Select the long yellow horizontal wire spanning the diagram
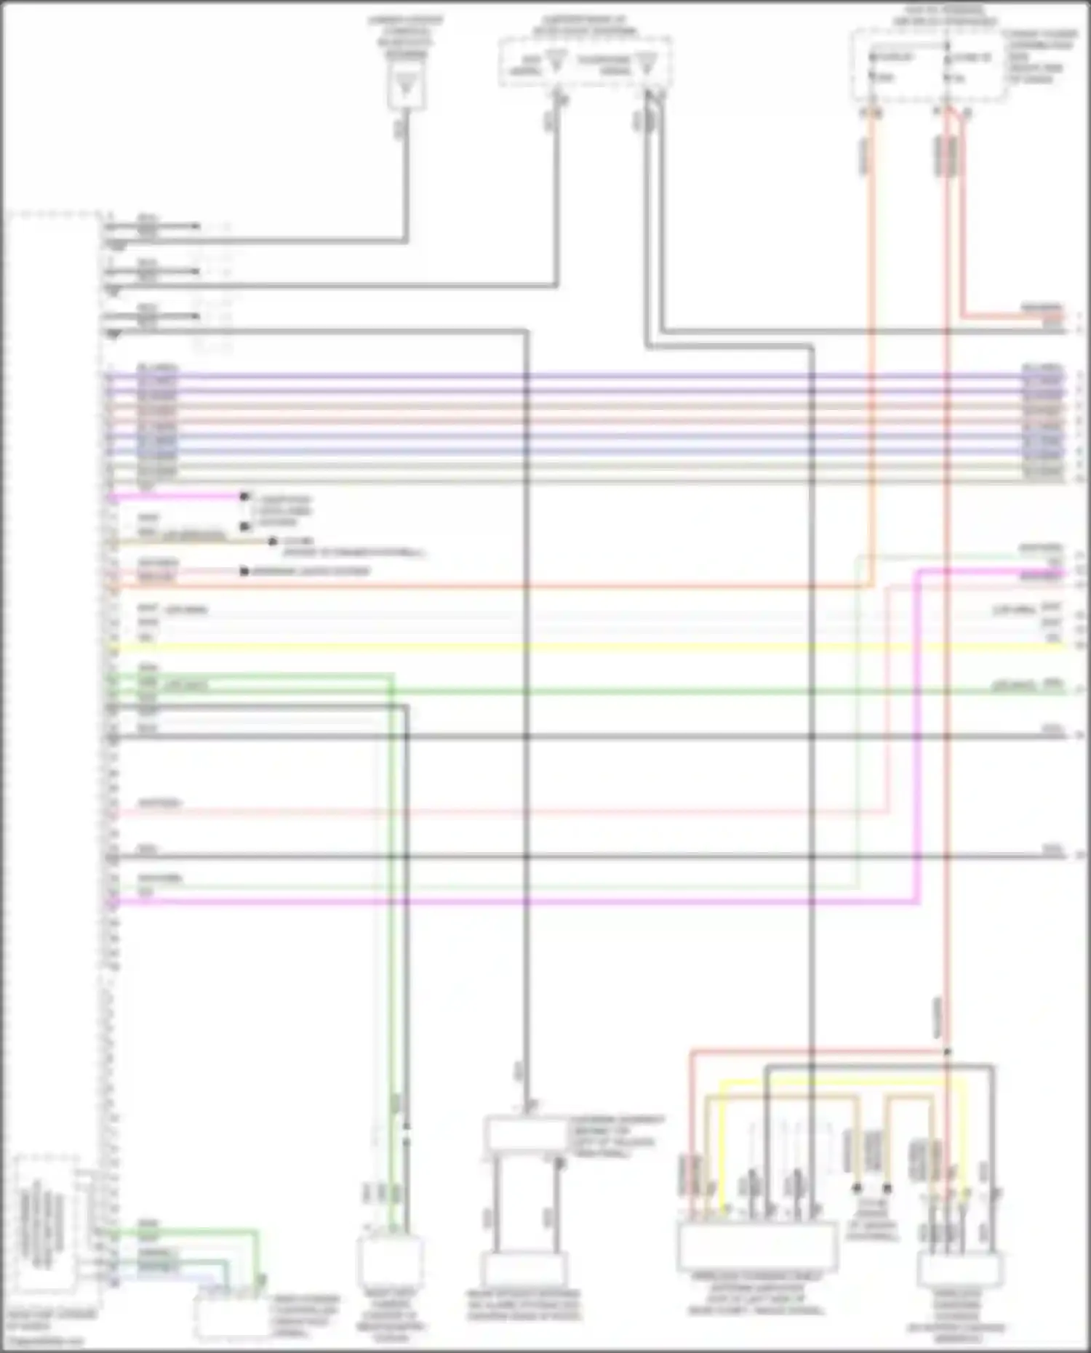(582, 646)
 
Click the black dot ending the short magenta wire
(244, 497)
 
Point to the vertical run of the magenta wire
(918, 734)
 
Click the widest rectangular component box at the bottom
(756, 1245)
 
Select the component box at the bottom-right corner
(960, 1269)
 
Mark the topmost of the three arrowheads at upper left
(195, 226)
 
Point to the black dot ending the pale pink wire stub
(244, 572)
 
